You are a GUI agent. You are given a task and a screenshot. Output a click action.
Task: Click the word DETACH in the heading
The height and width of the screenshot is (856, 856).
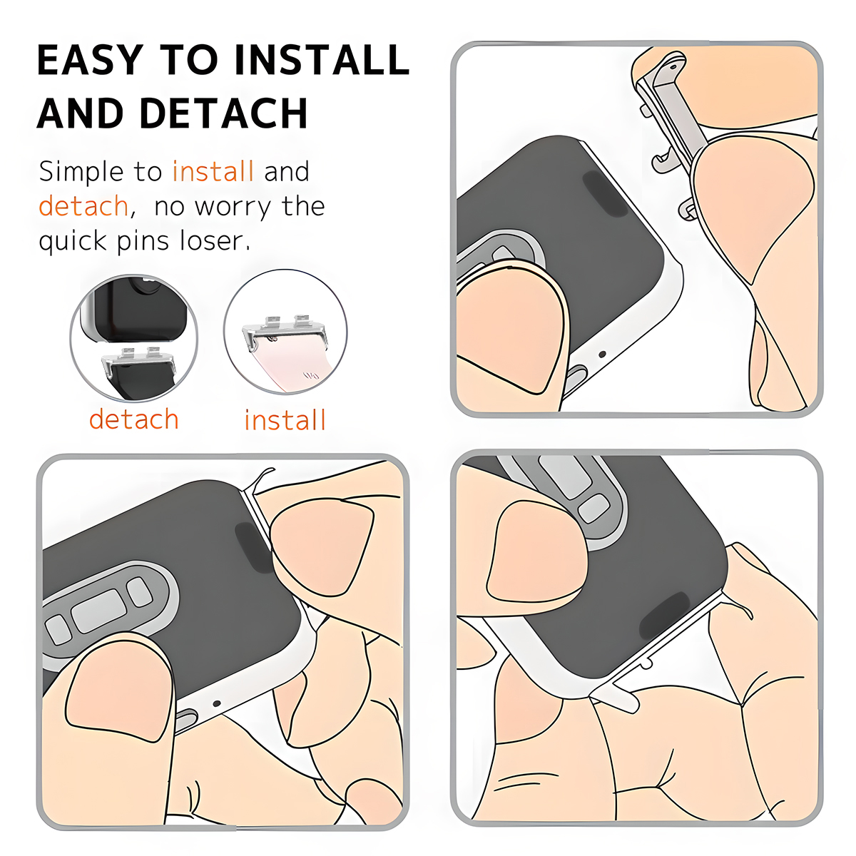[x=224, y=113]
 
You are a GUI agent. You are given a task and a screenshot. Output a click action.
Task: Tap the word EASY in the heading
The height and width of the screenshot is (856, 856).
[x=90, y=59]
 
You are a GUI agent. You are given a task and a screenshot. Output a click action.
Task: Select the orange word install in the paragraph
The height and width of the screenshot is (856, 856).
[x=213, y=171]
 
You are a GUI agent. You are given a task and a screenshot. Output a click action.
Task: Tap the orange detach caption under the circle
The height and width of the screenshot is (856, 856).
[x=133, y=419]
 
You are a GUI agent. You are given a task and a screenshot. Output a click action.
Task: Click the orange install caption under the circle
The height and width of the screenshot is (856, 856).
[x=285, y=419]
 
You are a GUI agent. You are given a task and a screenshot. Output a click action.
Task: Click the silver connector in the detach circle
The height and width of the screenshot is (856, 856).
[x=138, y=359]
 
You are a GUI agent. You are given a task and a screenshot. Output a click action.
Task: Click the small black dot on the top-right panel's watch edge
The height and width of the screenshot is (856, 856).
[x=602, y=354]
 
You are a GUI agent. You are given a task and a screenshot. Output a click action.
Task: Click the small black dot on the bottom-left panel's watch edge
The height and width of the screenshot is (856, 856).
[x=217, y=703]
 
